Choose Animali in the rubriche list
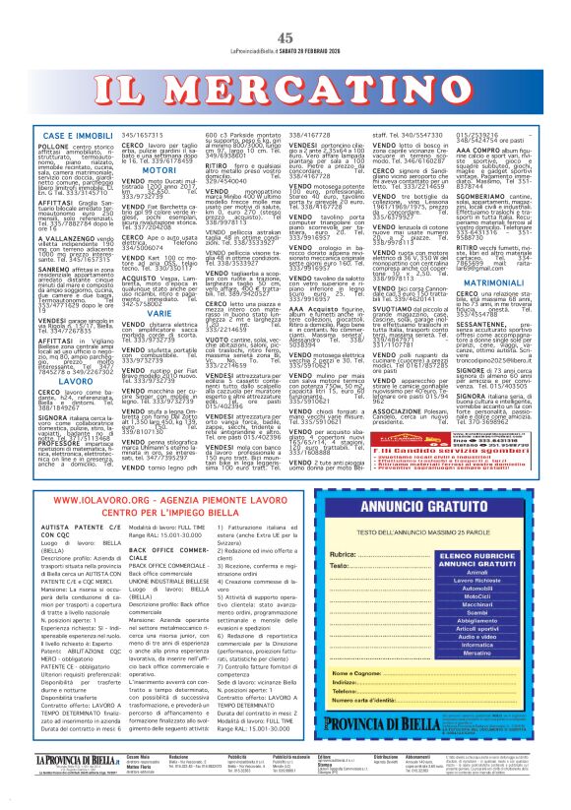tap(477, 571)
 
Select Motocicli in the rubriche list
tap(477, 597)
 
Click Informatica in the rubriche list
tap(477, 677)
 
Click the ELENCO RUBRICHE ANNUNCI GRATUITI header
tap(477, 542)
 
